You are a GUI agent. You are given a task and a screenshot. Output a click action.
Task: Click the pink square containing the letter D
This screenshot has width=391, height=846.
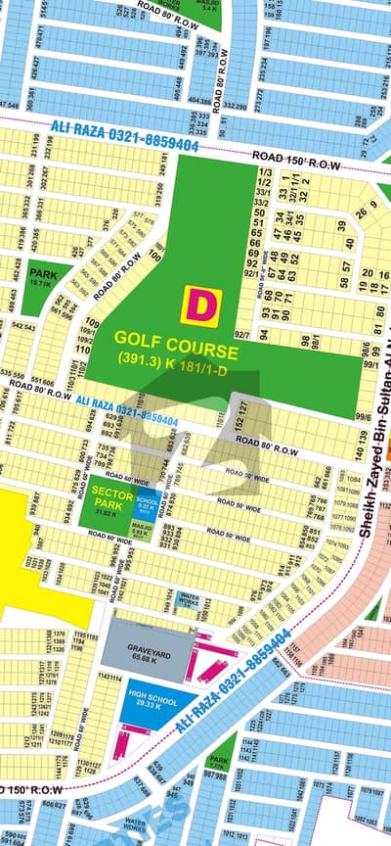(x=201, y=305)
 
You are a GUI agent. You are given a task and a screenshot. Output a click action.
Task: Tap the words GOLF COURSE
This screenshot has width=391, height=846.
(x=176, y=349)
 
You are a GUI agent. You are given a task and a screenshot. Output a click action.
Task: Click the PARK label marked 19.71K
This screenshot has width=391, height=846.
(x=41, y=276)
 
